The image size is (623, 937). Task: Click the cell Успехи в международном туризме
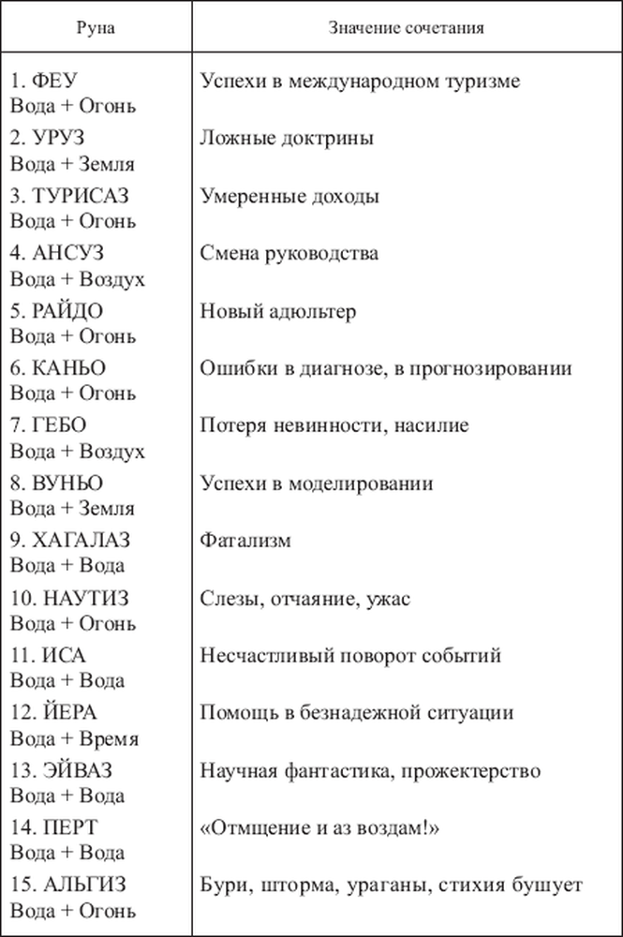[x=360, y=82]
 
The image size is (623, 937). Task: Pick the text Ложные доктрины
[x=288, y=139]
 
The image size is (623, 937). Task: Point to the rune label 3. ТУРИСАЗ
[x=69, y=197]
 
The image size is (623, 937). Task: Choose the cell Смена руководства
[x=289, y=254]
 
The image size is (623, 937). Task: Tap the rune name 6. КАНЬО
[x=57, y=368]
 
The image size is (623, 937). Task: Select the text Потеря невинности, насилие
[x=334, y=426]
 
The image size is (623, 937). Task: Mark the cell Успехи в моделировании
[x=317, y=483]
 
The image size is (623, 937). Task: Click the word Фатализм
[x=245, y=541]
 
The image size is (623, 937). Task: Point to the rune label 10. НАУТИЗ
[x=69, y=598]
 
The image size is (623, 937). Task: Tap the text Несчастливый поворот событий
[x=351, y=655]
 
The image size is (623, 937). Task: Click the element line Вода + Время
[x=74, y=738]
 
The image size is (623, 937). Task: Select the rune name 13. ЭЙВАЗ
[x=65, y=770]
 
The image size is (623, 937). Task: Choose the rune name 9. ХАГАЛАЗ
[x=70, y=541]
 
